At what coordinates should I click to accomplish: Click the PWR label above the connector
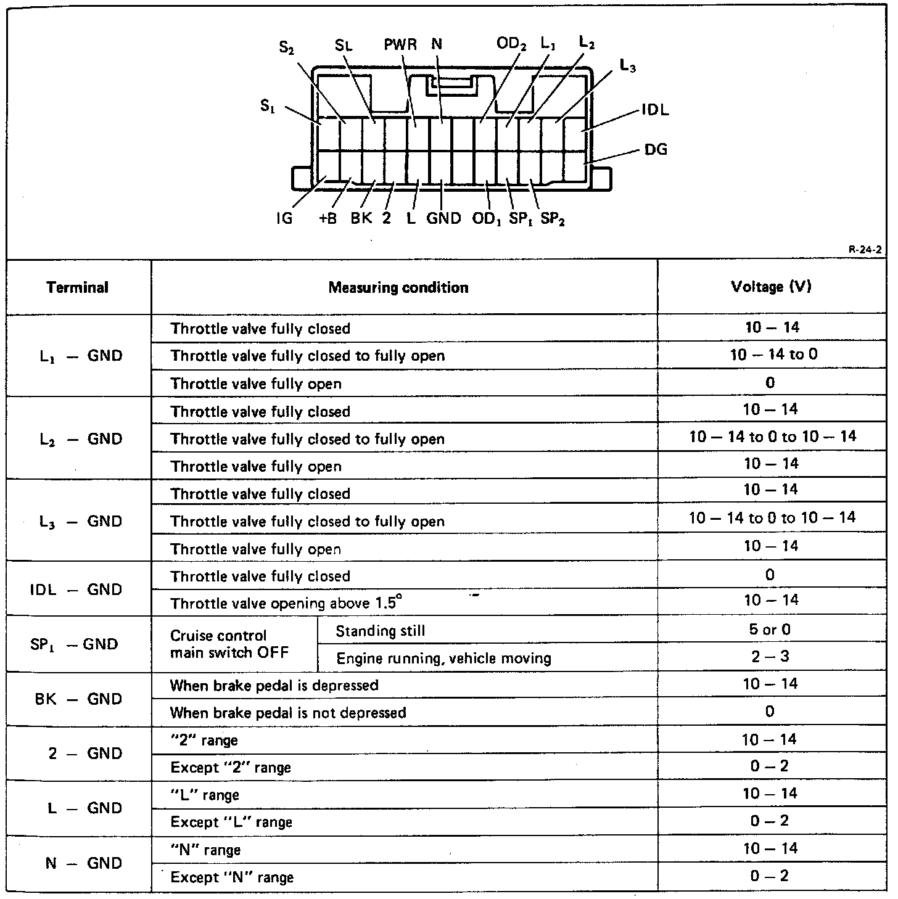click(x=400, y=45)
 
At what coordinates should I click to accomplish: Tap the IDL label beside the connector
click(x=655, y=110)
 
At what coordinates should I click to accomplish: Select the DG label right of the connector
click(x=656, y=149)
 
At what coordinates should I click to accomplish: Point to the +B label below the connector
click(x=328, y=219)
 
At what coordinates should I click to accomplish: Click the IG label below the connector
click(x=284, y=219)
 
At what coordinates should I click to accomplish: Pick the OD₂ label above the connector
click(x=511, y=45)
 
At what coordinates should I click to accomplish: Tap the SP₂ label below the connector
click(x=553, y=220)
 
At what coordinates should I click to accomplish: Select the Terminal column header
click(x=78, y=287)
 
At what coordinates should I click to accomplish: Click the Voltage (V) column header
click(x=771, y=287)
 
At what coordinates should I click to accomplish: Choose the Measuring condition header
click(x=398, y=287)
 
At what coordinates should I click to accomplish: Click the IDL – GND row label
click(x=76, y=589)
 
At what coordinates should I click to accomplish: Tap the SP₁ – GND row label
click(x=74, y=644)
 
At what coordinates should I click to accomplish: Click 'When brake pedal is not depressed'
click(x=288, y=713)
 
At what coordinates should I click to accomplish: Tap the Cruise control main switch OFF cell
click(x=229, y=644)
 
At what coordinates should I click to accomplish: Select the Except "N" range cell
click(x=232, y=877)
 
